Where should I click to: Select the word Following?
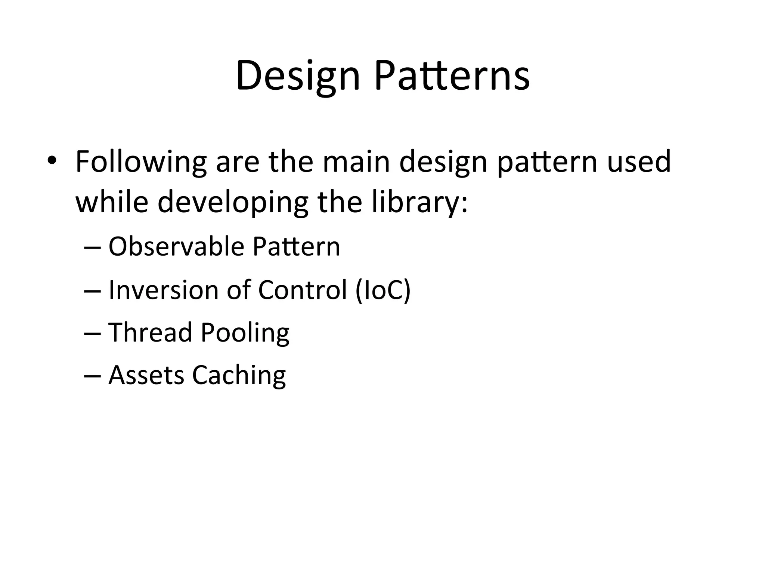(141, 162)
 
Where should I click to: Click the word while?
(112, 202)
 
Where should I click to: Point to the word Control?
(303, 290)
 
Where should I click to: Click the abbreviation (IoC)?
(383, 291)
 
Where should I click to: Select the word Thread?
(150, 332)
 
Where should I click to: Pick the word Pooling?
(245, 333)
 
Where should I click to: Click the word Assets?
(146, 375)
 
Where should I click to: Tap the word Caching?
(239, 376)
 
